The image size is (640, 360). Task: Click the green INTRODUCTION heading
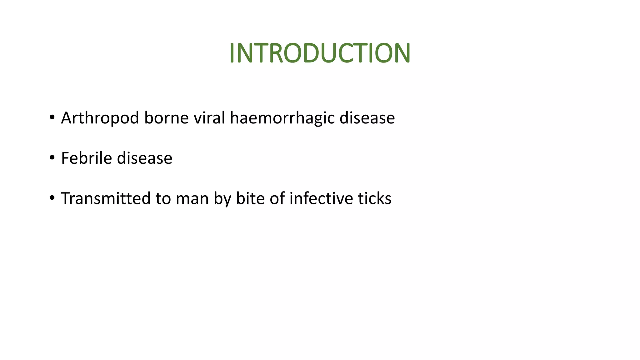(320, 53)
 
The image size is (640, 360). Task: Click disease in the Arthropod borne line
(367, 118)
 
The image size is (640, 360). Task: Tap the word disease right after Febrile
(144, 158)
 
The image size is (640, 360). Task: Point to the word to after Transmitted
(163, 199)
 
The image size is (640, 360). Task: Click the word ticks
(375, 198)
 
